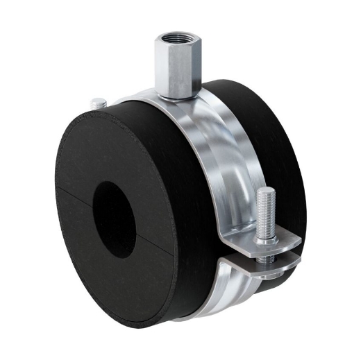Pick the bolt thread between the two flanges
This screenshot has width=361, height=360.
267,256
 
